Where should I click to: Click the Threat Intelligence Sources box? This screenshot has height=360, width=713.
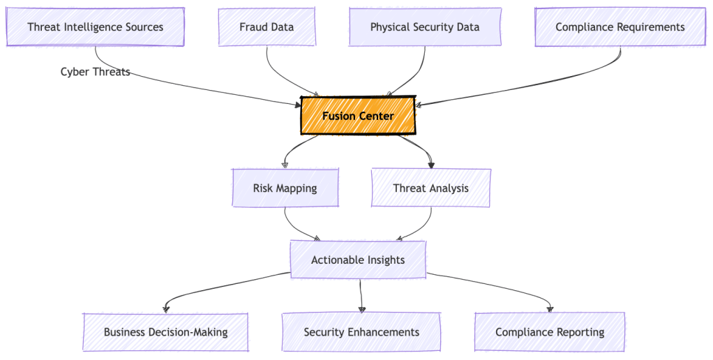[95, 27]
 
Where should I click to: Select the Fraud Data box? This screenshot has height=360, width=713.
[267, 27]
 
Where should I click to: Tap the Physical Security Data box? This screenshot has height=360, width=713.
[425, 27]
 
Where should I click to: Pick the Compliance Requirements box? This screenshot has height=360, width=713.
[620, 27]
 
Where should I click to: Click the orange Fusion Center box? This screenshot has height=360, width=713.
[358, 116]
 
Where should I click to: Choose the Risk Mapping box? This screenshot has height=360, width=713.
[285, 188]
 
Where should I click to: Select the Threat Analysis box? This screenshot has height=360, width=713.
[430, 188]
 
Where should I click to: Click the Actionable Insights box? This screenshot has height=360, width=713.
[358, 260]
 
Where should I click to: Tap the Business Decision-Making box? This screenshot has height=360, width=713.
[165, 332]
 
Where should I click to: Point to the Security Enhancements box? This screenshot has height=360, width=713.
[361, 332]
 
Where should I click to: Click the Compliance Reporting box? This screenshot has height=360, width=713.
[550, 332]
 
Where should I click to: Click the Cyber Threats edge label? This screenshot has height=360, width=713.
[95, 72]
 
